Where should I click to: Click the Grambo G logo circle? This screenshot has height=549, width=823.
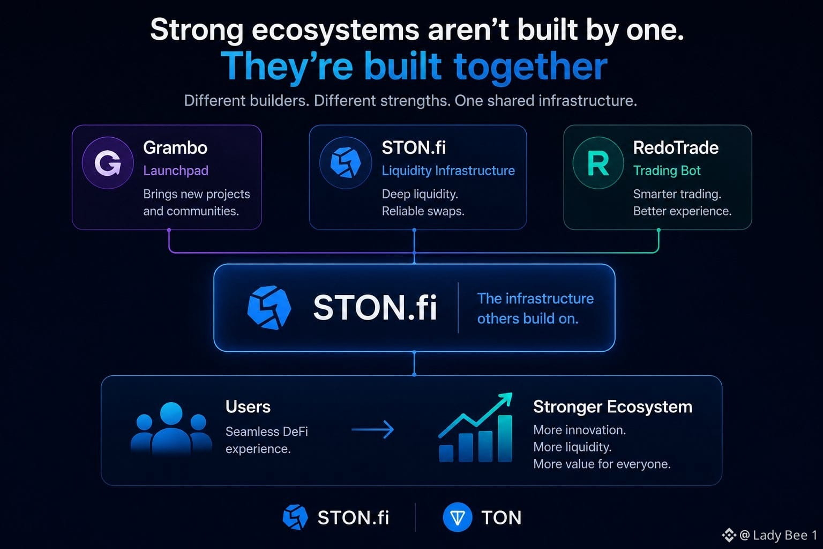click(108, 163)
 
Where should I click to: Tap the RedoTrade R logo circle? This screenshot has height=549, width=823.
click(598, 163)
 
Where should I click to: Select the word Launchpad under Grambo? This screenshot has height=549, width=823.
click(176, 170)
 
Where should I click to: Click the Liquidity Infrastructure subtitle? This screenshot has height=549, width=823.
click(448, 170)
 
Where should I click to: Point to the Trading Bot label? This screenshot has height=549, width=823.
click(667, 170)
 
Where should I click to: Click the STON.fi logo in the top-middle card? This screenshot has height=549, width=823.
click(346, 163)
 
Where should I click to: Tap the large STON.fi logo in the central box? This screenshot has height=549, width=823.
click(270, 307)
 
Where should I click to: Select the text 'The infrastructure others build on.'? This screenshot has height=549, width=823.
click(535, 308)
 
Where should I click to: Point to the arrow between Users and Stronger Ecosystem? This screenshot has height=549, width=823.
click(372, 429)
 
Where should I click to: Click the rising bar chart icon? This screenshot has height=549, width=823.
click(475, 427)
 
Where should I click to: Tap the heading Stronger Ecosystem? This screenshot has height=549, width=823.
click(612, 407)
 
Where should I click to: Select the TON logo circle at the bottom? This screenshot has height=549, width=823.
click(458, 517)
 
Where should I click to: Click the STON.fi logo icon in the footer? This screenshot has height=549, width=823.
click(295, 517)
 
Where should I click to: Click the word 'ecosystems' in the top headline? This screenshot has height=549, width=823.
click(335, 30)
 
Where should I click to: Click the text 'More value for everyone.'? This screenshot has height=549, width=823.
click(602, 464)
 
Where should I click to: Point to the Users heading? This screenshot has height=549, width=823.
click(248, 407)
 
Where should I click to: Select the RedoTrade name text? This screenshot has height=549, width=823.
click(676, 148)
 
